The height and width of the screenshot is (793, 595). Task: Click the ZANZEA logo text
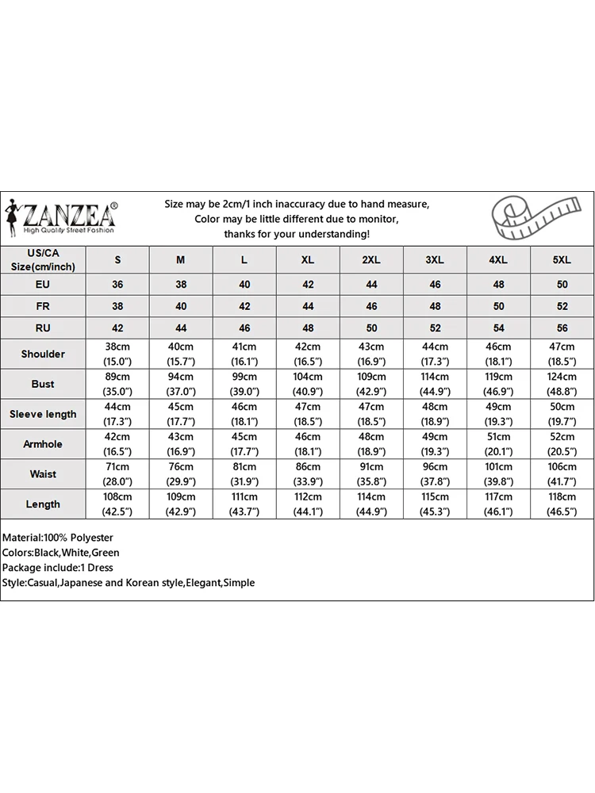pos(70,215)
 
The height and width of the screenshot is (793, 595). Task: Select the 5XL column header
pos(562,259)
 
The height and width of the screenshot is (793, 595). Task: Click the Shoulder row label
pos(43,354)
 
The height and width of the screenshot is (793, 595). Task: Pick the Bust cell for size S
pos(117,384)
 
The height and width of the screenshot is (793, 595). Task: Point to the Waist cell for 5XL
pos(562,474)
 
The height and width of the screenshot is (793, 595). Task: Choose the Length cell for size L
pos(244,504)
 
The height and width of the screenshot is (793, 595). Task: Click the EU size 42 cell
pos(308,285)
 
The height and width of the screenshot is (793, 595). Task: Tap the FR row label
pos(43,306)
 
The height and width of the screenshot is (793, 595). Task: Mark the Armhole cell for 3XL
pos(435,444)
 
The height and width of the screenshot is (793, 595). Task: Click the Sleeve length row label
pos(43,414)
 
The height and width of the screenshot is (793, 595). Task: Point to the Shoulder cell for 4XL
pos(498,354)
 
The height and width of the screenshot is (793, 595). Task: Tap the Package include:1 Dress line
pos(57,567)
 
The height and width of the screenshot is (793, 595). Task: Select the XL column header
pos(308,259)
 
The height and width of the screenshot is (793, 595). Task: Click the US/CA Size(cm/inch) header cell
pos(43,259)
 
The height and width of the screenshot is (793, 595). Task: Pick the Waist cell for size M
pos(181,474)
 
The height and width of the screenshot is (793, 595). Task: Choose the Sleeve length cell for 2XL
pos(371,414)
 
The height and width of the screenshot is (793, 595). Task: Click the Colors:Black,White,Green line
pos(61,552)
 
